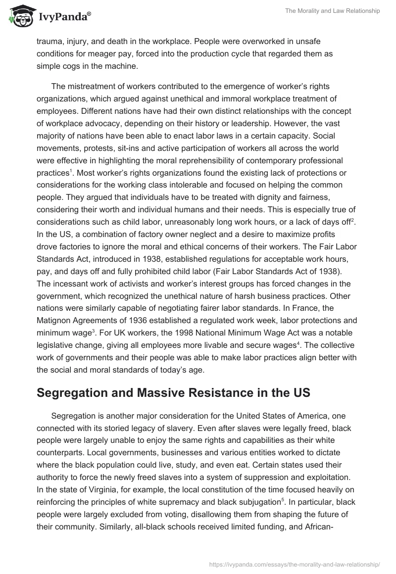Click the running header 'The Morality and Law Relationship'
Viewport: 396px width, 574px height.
[333, 11]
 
